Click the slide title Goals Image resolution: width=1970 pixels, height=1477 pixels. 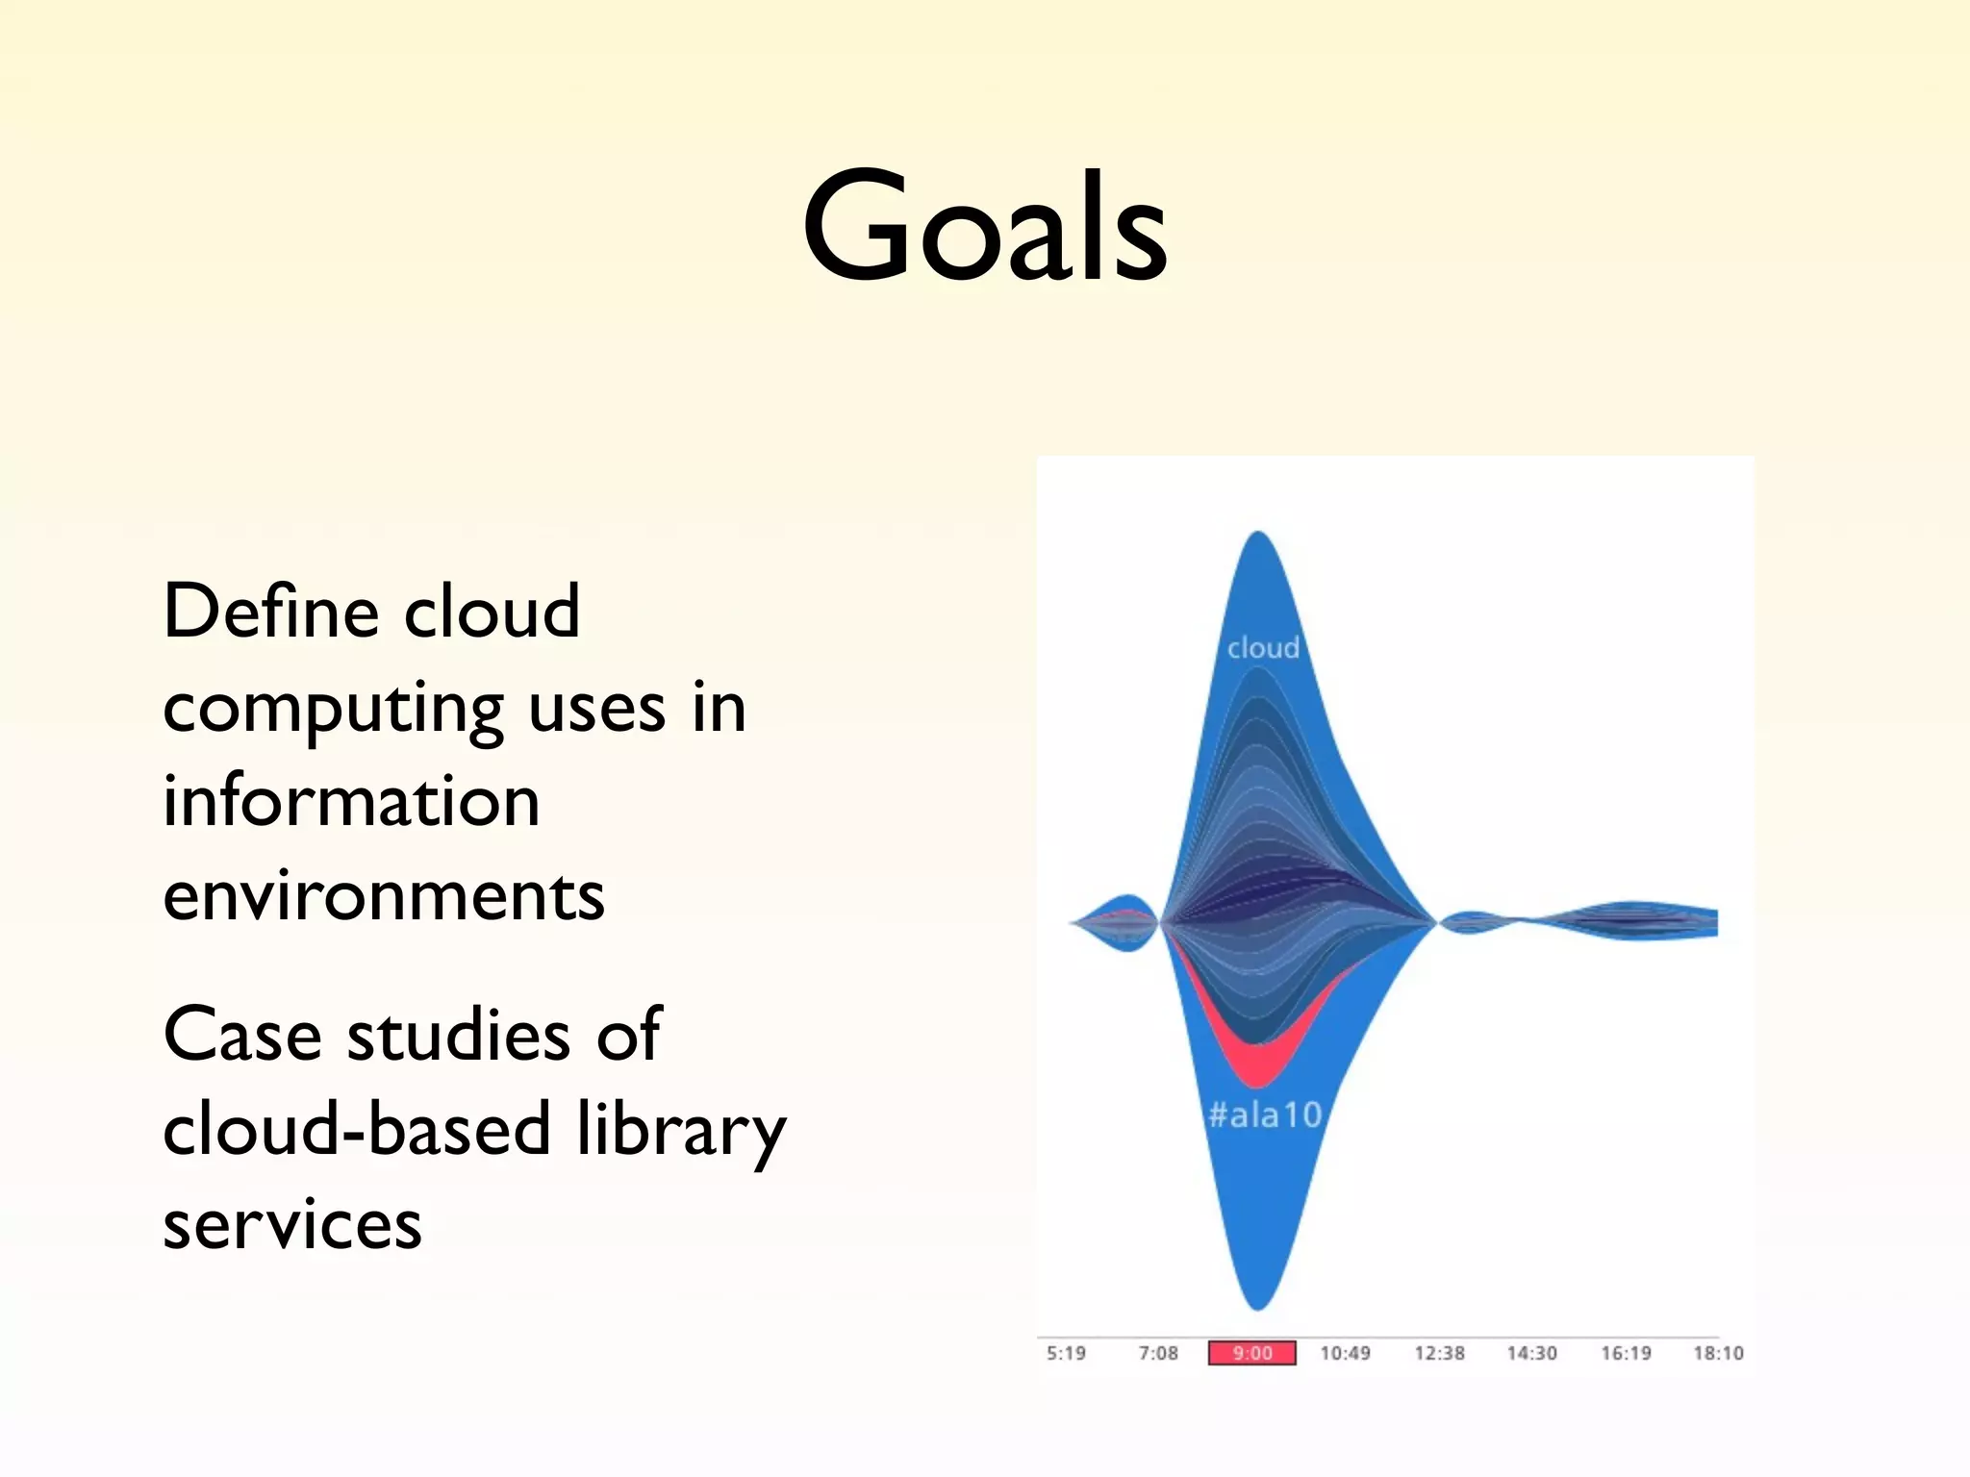point(985,227)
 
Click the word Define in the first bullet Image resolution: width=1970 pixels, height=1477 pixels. point(271,612)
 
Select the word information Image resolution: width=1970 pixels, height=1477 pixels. point(351,802)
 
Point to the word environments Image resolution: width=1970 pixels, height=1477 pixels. point(383,896)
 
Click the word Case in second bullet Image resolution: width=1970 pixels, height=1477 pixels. point(242,1035)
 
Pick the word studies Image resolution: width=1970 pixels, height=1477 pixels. point(459,1035)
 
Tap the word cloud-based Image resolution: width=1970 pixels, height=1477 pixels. point(357,1129)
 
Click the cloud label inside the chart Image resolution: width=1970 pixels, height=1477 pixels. point(1263,648)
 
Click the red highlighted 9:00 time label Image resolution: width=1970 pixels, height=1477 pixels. point(1251,1353)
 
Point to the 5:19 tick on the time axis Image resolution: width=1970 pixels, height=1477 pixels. point(1066,1353)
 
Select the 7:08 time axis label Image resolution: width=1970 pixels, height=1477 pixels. point(1158,1353)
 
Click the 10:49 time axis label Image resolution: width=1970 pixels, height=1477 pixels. point(1345,1353)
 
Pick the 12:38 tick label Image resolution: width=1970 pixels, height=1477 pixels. point(1439,1353)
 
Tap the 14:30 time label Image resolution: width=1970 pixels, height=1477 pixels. point(1531,1353)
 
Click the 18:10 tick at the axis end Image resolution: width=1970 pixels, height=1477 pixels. point(1718,1353)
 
